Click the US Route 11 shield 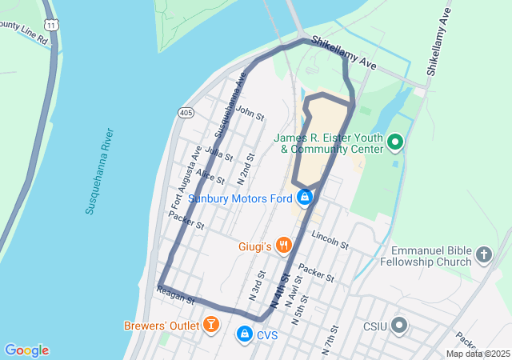tap(51, 26)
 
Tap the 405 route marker tap(186, 113)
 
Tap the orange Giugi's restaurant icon tap(282, 244)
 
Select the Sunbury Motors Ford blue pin tap(304, 197)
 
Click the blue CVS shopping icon tap(244, 334)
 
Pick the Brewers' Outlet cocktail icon tap(210, 324)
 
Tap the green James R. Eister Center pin tap(394, 143)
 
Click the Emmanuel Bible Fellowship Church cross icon tap(483, 255)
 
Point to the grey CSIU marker tap(399, 326)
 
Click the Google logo tap(26, 350)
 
